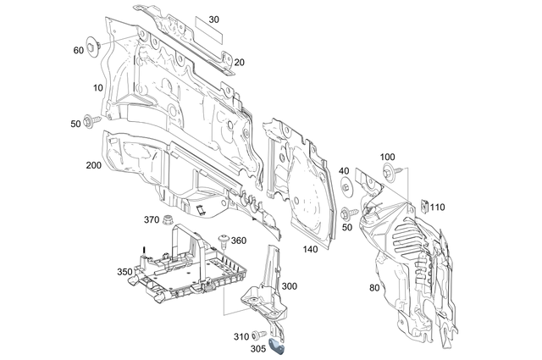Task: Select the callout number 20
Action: [x=239, y=62]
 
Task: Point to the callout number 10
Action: [x=99, y=88]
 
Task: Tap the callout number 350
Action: [x=124, y=271]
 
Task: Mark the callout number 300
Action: [x=290, y=287]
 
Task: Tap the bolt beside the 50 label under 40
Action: [x=347, y=213]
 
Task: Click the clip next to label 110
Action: [x=421, y=204]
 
